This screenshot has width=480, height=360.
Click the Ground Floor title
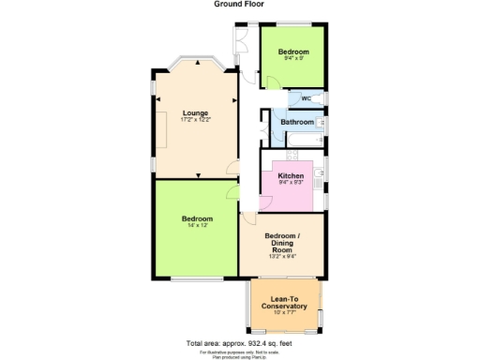pyautogui.click(x=239, y=5)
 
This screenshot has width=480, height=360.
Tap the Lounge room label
pyautogui.click(x=196, y=112)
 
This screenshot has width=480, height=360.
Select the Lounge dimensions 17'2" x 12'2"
pyautogui.click(x=196, y=120)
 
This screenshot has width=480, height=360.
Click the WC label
pyautogui.click(x=306, y=98)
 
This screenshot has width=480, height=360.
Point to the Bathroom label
pyautogui.click(x=297, y=122)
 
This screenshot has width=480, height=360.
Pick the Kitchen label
pyautogui.click(x=290, y=174)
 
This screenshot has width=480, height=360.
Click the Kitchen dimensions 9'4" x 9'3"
pyautogui.click(x=290, y=182)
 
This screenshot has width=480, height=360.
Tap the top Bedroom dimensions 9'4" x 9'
pyautogui.click(x=293, y=59)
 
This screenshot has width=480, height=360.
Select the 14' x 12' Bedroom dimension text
pyautogui.click(x=197, y=227)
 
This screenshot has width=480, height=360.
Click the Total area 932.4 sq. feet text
pyautogui.click(x=239, y=342)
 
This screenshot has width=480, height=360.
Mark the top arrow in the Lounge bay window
pyautogui.click(x=196, y=62)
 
